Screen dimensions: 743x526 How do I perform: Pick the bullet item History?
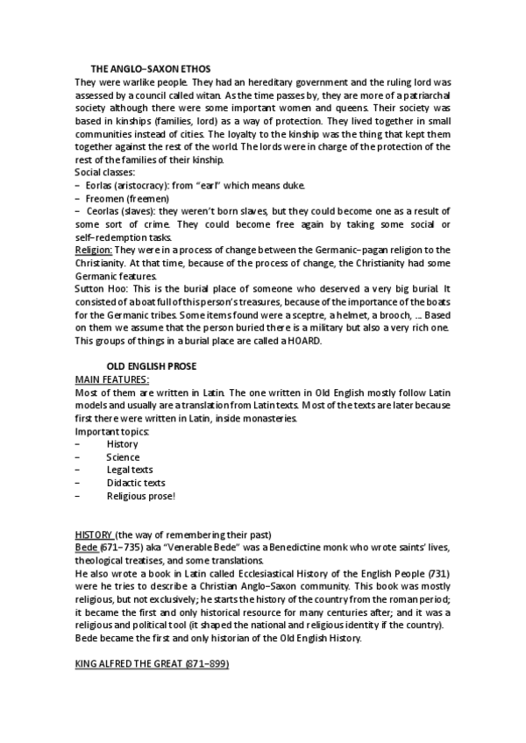[x=122, y=444]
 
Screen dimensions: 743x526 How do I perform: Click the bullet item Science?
[x=123, y=457]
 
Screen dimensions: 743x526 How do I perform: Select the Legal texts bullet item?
[x=130, y=470]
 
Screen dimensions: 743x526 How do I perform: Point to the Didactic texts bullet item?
[x=135, y=483]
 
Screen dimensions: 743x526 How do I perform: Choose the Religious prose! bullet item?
[x=140, y=496]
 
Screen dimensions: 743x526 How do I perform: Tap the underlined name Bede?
[x=86, y=548]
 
